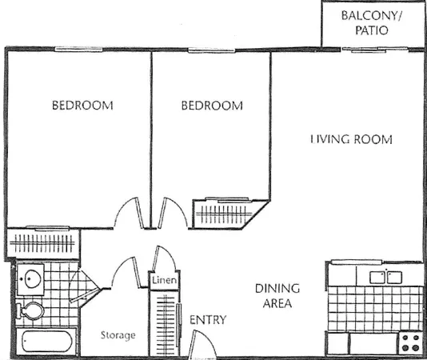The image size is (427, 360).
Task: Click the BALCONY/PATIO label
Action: pyautogui.click(x=373, y=23)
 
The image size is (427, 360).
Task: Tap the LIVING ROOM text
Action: pyautogui.click(x=352, y=139)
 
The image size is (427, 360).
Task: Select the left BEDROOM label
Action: pyautogui.click(x=82, y=105)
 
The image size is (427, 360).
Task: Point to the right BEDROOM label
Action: pyautogui.click(x=211, y=105)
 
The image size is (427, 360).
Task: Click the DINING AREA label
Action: pyautogui.click(x=277, y=295)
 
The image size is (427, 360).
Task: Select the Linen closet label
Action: pyautogui.click(x=164, y=281)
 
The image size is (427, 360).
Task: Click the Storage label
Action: pyautogui.click(x=118, y=334)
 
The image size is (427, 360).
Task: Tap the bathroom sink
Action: pyautogui.click(x=32, y=279)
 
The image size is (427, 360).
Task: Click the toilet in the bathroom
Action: pyautogui.click(x=31, y=310)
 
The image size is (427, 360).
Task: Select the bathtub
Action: pyautogui.click(x=48, y=342)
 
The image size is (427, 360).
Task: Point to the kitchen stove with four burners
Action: pyautogui.click(x=411, y=343)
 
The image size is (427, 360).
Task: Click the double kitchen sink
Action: pyautogui.click(x=385, y=277)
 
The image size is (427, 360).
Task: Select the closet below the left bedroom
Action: pyautogui.click(x=44, y=243)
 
